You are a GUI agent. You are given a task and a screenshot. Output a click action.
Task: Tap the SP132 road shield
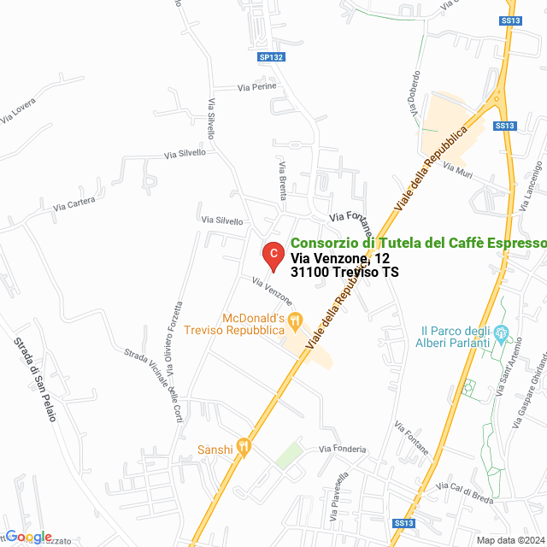[x=271, y=57]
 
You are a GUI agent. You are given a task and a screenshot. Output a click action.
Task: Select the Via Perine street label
[x=256, y=87]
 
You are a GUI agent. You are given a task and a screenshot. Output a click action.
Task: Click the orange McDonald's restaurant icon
[x=296, y=322]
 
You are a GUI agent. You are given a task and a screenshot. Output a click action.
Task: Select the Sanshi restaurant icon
[x=244, y=444]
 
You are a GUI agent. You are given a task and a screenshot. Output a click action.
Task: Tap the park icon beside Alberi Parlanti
[x=503, y=332]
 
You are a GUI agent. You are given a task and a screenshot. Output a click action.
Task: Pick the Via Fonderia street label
[x=342, y=449]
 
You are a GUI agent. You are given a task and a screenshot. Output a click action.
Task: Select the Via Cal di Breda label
[x=464, y=496]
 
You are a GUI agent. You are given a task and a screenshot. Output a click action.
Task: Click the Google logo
[x=28, y=536]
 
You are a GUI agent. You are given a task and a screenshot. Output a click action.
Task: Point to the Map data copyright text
[x=509, y=539]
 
